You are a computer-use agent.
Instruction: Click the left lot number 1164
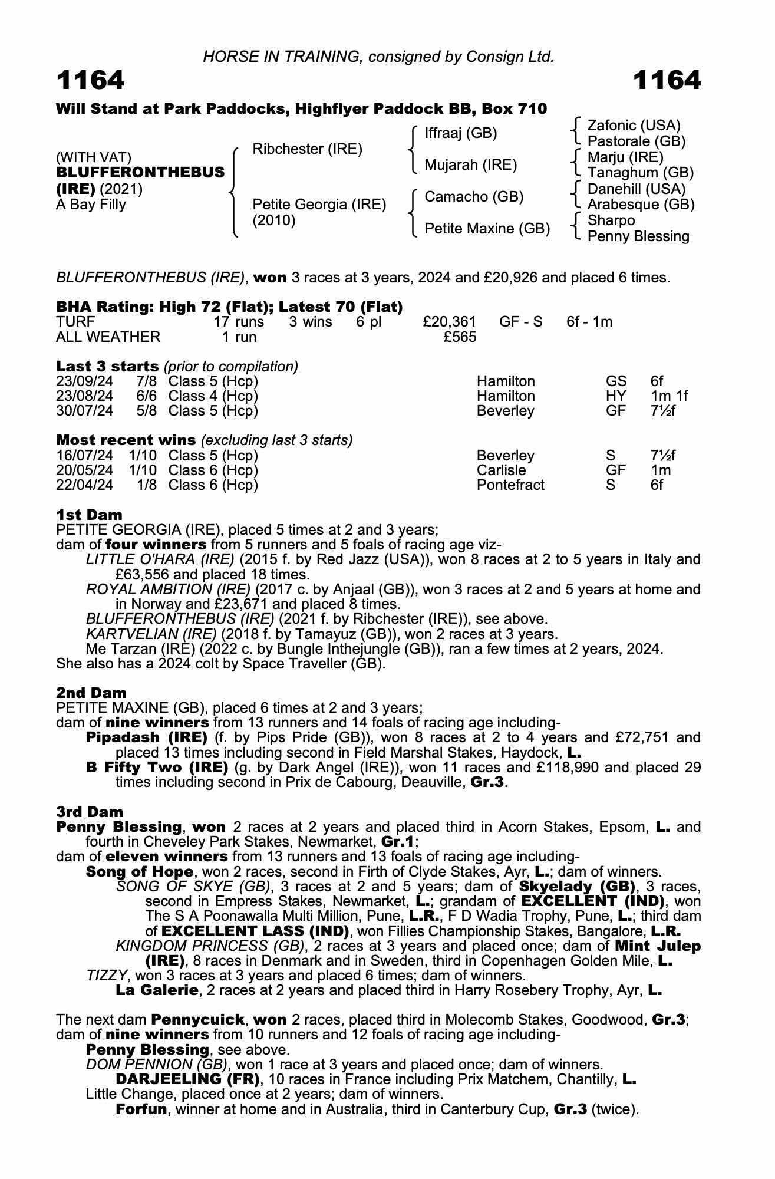coord(90,80)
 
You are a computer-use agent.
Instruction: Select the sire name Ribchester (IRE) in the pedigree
coord(306,149)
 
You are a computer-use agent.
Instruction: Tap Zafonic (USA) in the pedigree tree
coord(634,125)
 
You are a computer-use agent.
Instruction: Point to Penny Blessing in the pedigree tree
coord(638,236)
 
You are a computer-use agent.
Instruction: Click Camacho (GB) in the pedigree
coord(474,196)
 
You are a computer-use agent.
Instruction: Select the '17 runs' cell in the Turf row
coord(239,322)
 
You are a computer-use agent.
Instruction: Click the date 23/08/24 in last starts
coord(84,396)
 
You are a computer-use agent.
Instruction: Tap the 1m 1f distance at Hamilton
coord(669,396)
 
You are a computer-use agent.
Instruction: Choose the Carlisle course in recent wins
coord(501,470)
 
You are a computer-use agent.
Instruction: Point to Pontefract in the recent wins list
coord(510,485)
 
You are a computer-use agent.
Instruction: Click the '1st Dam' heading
coord(89,515)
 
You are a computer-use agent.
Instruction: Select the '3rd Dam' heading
coord(90,812)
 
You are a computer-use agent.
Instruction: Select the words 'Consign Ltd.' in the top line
coord(509,57)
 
